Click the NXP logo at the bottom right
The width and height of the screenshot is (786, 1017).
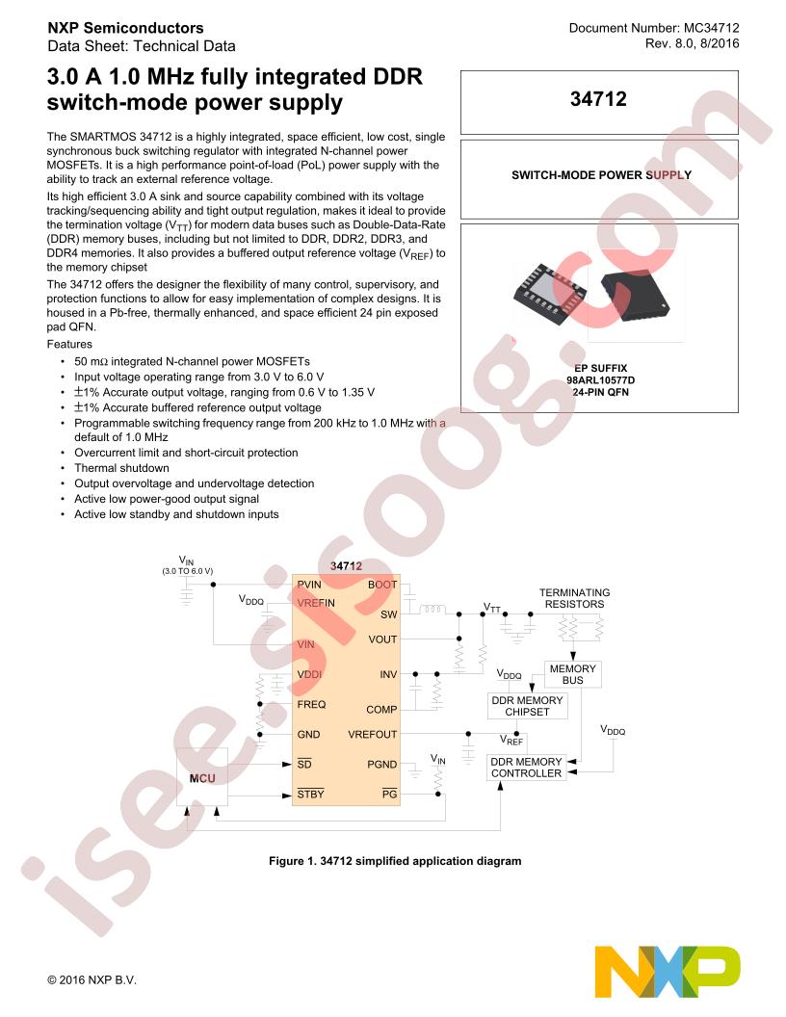(x=668, y=972)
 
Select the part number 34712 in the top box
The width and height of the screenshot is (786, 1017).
(x=598, y=98)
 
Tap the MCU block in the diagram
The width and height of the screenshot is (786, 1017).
(x=202, y=777)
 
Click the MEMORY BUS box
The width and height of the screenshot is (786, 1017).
(x=572, y=674)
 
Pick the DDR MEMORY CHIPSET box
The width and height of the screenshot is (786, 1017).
(x=527, y=706)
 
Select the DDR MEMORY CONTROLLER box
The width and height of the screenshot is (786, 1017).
(x=526, y=768)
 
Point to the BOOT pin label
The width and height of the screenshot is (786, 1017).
(x=382, y=585)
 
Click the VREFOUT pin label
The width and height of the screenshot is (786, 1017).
(x=372, y=734)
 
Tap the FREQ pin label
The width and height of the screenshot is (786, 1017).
(x=311, y=704)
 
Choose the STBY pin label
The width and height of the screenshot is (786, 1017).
(x=310, y=794)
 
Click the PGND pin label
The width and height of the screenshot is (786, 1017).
(x=382, y=764)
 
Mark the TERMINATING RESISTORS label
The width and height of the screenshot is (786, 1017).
(x=575, y=598)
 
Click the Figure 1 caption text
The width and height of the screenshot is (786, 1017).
(x=395, y=861)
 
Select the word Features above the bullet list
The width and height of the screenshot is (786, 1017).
(x=69, y=344)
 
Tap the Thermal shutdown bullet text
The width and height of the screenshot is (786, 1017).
(x=121, y=468)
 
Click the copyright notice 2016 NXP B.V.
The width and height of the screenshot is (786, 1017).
(x=92, y=980)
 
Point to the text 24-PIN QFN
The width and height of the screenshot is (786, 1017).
(x=600, y=392)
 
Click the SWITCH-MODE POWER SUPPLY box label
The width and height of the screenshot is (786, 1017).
(x=601, y=175)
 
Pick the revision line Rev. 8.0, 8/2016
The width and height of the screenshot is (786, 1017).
(x=692, y=43)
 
